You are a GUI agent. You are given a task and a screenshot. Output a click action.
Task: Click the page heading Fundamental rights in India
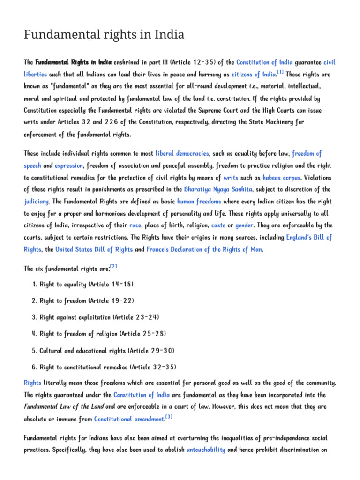104,35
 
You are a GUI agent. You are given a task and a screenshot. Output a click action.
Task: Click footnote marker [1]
280,72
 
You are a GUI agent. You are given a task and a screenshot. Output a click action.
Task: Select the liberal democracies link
182,153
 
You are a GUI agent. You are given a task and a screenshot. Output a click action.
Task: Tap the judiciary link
36,202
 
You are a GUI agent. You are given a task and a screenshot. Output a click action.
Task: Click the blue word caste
218,225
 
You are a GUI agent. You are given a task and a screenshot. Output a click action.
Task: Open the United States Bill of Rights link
94,249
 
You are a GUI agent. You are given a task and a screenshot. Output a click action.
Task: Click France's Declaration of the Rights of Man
204,249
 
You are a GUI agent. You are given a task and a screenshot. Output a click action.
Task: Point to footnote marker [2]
113,267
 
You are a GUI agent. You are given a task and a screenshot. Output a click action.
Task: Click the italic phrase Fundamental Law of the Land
64,407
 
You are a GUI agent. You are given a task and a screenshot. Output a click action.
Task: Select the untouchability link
206,450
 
